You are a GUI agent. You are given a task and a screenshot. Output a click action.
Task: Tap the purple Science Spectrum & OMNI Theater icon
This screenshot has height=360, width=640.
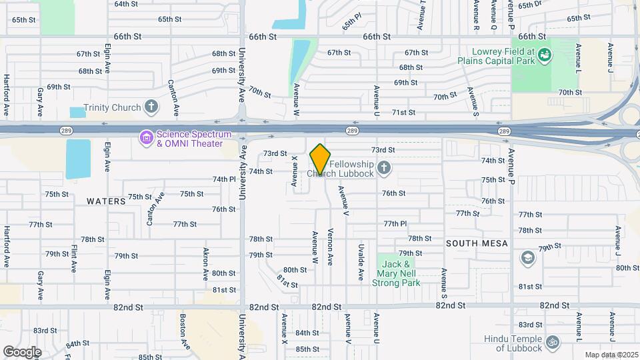pos(145,138)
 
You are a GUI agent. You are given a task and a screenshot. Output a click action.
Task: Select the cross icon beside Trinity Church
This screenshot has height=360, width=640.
pos(151,107)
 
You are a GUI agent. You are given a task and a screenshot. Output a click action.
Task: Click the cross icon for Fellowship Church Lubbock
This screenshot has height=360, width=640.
pos(384,168)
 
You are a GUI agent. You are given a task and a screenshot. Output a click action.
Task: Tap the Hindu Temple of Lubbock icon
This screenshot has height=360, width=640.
pos(551,343)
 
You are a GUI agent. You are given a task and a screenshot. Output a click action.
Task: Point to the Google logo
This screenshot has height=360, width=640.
pos(22,351)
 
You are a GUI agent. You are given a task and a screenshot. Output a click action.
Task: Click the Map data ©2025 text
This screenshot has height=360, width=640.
pos(611,355)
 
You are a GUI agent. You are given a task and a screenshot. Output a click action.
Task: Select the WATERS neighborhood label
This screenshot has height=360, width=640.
pos(106,201)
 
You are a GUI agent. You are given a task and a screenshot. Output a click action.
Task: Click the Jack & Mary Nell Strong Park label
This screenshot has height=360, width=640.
pos(399,273)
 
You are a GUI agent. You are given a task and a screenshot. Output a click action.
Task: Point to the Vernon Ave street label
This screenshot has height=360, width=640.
pos(331,247)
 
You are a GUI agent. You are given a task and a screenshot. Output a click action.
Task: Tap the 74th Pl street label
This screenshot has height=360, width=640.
pos(225,179)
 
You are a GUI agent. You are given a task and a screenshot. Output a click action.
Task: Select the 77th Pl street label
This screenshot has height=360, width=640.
pos(395,223)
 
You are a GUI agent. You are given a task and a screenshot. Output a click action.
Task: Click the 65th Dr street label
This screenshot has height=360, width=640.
pos(531,5)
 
